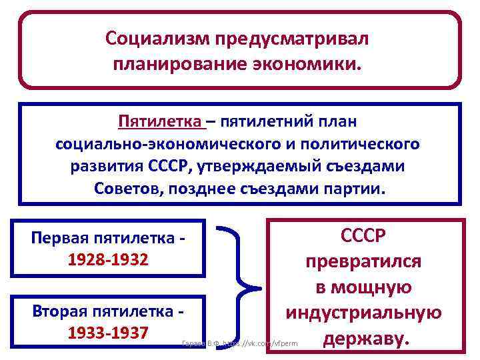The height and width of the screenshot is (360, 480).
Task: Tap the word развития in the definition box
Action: (105, 166)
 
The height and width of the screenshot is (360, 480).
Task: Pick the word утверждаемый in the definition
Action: (267, 166)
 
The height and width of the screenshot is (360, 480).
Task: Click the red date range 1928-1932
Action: (108, 259)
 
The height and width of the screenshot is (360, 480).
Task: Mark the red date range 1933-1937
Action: (108, 331)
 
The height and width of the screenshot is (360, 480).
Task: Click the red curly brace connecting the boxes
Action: (243, 287)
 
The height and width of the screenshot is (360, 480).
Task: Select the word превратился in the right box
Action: (363, 261)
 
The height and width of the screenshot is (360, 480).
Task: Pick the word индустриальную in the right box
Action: (363, 313)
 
